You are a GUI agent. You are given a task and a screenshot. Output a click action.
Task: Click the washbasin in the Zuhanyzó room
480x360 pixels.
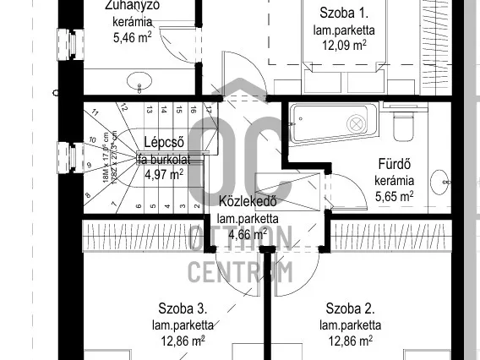coord(139,83)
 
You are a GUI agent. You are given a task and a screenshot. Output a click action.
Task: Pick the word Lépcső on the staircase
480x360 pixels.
coord(164,142)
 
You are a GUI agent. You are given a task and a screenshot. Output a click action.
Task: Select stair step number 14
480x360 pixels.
coord(164,109)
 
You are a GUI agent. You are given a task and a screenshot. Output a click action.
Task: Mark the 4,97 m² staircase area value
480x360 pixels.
coord(163,175)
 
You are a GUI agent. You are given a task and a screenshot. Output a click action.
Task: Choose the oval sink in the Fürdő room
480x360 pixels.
coord(440,180)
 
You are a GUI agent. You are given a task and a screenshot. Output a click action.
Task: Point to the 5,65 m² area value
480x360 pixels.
coord(394,196)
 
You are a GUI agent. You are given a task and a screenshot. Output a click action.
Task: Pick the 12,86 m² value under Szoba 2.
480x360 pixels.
coord(350,341)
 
